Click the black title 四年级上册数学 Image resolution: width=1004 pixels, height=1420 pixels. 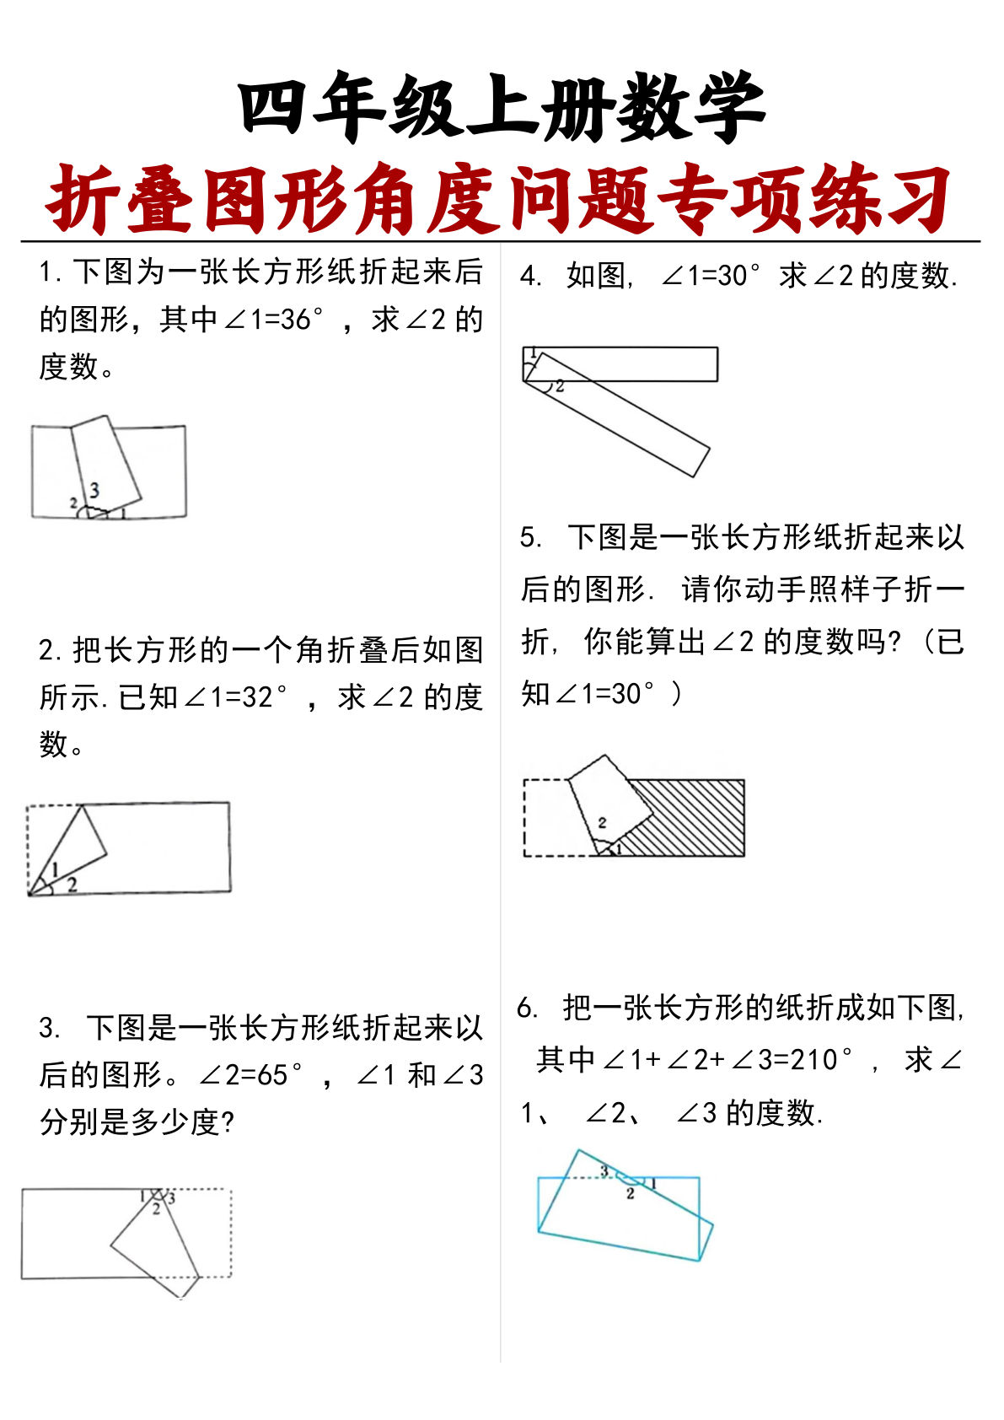[502, 107]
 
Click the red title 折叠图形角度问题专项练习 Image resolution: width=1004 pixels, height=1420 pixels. [500, 200]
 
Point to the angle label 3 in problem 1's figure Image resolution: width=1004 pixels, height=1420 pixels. [94, 489]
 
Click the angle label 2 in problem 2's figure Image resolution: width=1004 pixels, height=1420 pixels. [72, 884]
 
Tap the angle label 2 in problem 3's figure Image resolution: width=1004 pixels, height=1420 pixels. [156, 1209]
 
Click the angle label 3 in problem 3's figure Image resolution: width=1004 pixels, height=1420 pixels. [171, 1197]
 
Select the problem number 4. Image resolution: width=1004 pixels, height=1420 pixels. [529, 276]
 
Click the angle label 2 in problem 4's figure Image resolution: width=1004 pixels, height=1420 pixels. [560, 387]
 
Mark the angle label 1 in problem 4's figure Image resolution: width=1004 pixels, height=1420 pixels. [533, 353]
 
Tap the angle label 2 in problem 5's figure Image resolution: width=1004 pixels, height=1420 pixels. [602, 822]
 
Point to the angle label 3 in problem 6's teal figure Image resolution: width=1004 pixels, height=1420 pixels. [604, 1170]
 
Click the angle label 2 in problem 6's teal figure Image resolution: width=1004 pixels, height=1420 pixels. [630, 1194]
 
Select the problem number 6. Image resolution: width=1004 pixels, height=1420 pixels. [527, 1008]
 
